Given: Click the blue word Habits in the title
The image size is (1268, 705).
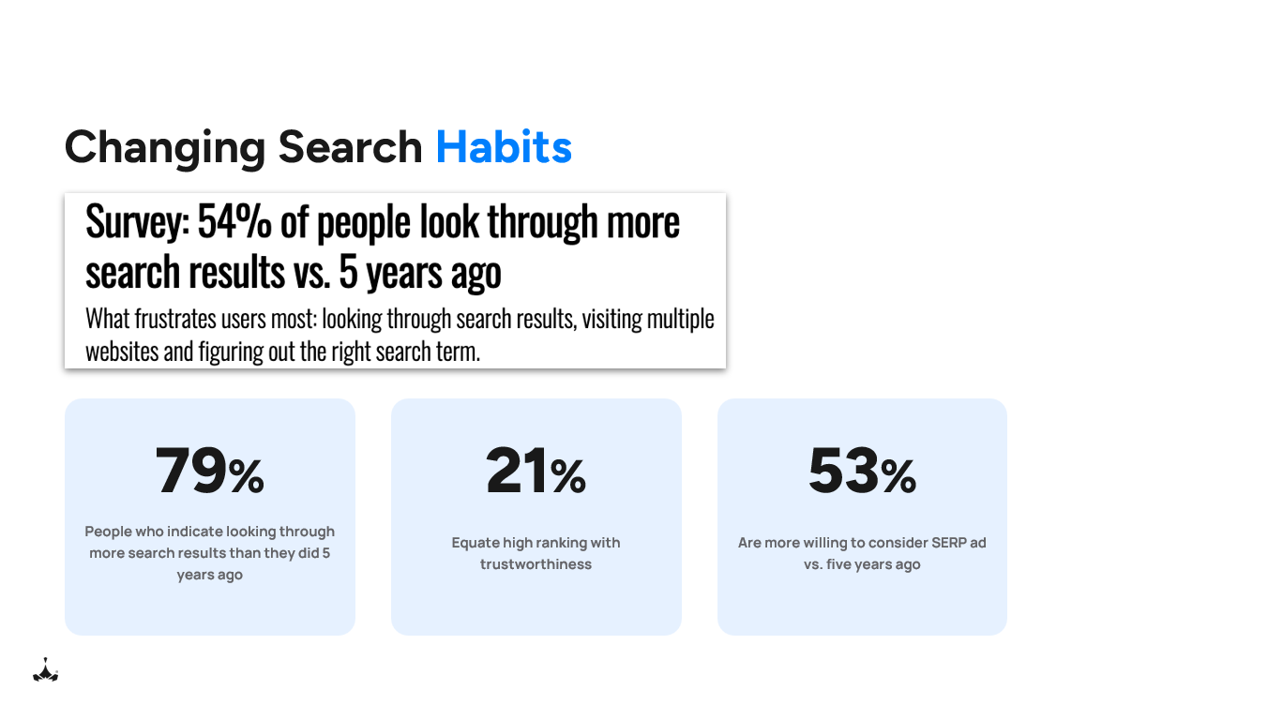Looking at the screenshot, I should (504, 147).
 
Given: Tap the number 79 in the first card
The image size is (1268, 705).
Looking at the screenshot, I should (192, 471).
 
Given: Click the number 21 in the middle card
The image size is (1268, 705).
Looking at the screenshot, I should (517, 471).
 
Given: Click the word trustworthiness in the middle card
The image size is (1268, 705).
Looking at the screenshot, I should (536, 564).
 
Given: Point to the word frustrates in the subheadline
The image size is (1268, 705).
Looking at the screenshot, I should (185, 320).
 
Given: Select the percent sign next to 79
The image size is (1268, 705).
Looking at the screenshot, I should (247, 476).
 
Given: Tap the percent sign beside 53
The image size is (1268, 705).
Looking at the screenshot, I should (898, 476).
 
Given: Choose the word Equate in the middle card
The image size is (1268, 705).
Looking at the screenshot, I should (476, 543).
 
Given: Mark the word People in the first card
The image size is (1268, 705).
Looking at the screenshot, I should (109, 532).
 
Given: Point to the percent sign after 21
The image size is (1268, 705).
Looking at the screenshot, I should (568, 476).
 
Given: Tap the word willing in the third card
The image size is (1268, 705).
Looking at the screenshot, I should (837, 543).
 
